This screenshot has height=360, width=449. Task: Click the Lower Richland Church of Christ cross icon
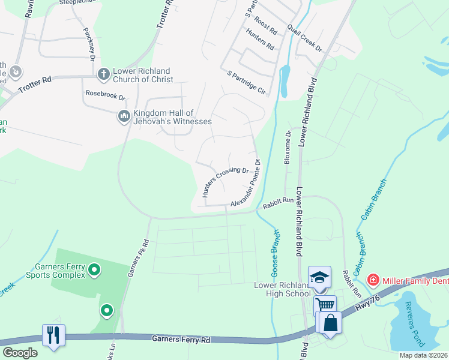103,73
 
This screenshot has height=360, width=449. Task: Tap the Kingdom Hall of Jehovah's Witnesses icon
124,115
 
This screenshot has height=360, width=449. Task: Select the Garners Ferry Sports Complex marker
94,271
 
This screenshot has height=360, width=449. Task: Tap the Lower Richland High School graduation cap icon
319,277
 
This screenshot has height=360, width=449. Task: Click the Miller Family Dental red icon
373,280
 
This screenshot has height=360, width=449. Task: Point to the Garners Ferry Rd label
181,340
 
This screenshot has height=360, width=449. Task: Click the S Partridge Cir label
246,82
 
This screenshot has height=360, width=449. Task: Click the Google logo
20,352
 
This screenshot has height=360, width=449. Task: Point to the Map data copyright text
423,355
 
